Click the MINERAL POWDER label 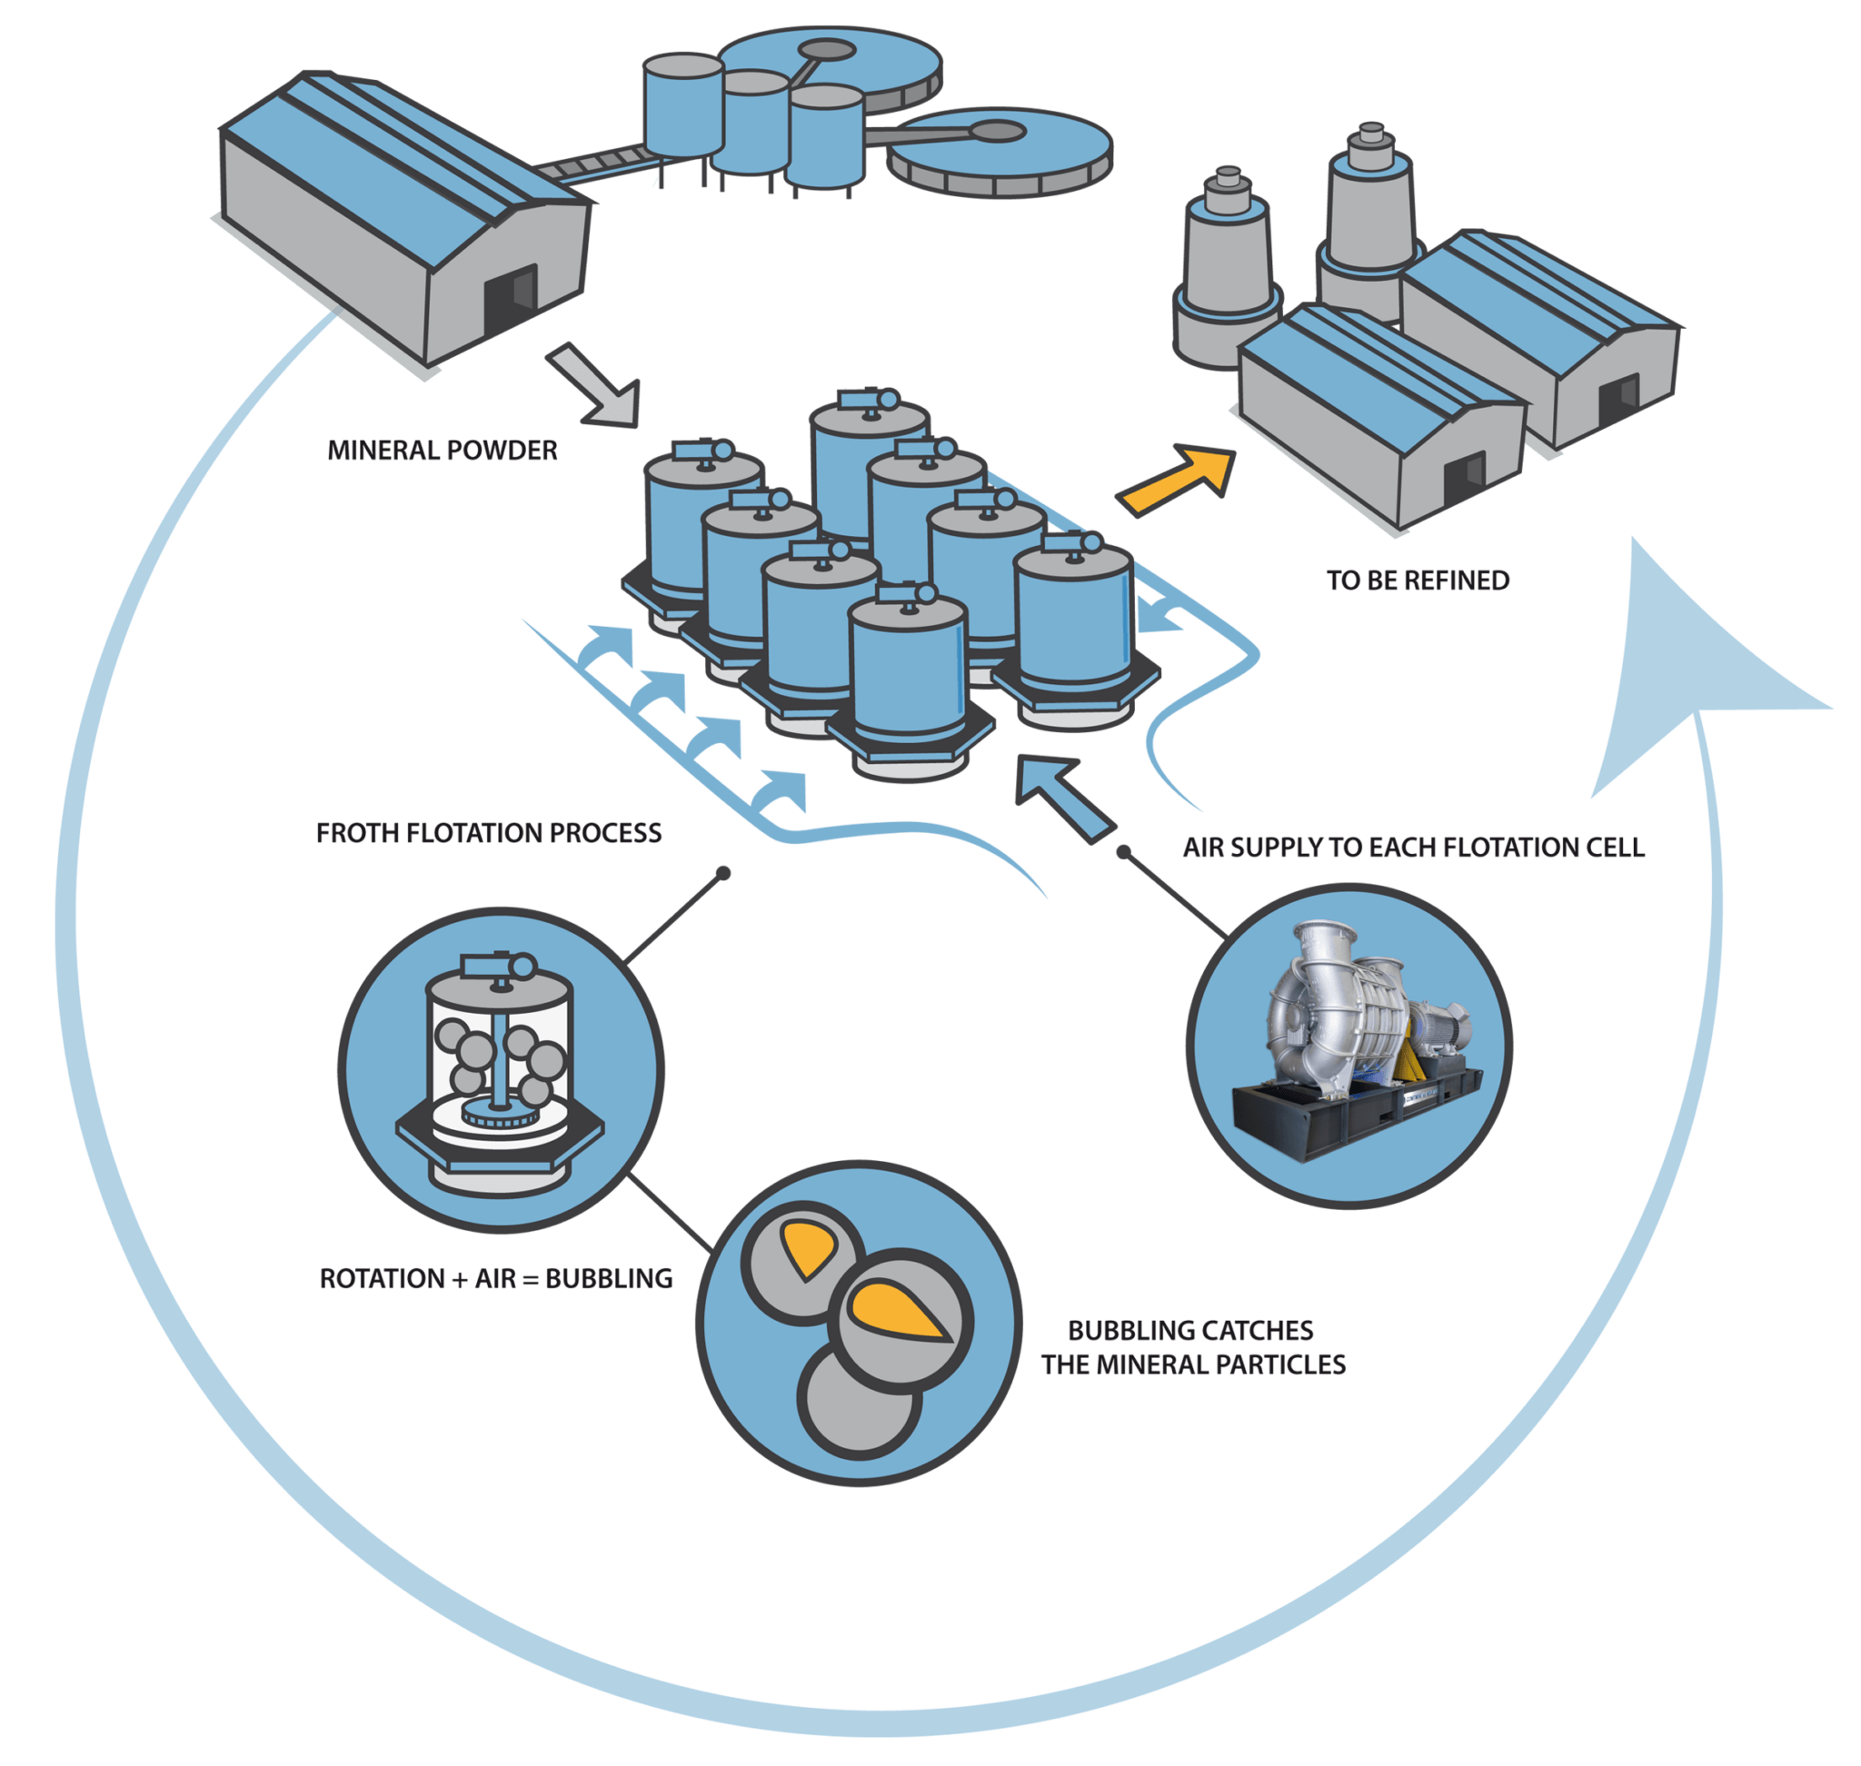point(442,450)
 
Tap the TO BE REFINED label point(1418,580)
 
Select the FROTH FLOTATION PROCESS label point(489,833)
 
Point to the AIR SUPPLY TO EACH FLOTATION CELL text point(1414,848)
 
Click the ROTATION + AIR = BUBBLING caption point(496,1278)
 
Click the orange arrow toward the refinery point(1178,479)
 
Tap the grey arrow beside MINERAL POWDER point(594,386)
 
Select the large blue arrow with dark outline point(1064,799)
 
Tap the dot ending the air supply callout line point(1123,852)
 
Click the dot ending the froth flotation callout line point(723,874)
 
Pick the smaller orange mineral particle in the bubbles point(807,1247)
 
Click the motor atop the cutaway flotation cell point(498,967)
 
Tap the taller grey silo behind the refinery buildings point(1369,222)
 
